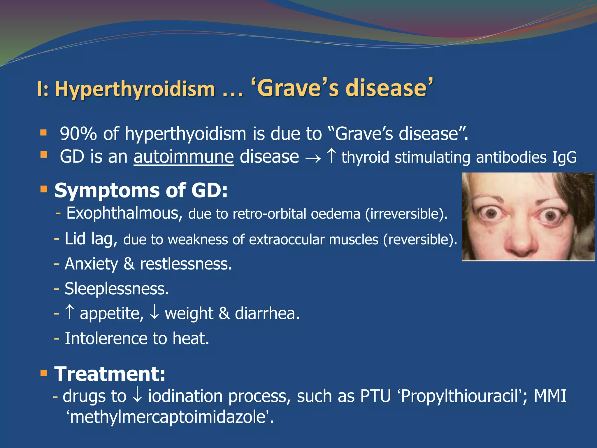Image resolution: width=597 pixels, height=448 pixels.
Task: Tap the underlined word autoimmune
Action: [x=184, y=157]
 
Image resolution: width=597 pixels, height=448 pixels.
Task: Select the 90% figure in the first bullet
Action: [x=78, y=134]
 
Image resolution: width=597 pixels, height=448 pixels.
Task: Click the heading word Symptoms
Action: [x=107, y=190]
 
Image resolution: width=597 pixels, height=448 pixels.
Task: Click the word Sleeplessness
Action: [x=117, y=289]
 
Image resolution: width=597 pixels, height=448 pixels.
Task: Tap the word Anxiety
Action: [x=91, y=264]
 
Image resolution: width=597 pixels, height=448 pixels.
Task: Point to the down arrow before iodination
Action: [x=137, y=395]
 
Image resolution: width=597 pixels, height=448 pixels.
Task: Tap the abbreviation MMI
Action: [x=550, y=396]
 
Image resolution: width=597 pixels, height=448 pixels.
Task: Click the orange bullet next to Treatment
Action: [x=44, y=373]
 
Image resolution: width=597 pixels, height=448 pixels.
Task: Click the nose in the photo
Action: [x=522, y=242]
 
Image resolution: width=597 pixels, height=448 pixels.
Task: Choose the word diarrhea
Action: [x=267, y=314]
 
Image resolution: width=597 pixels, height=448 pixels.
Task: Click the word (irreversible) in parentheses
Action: [x=406, y=214]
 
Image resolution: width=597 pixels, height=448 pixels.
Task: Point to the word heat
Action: [x=191, y=339]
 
